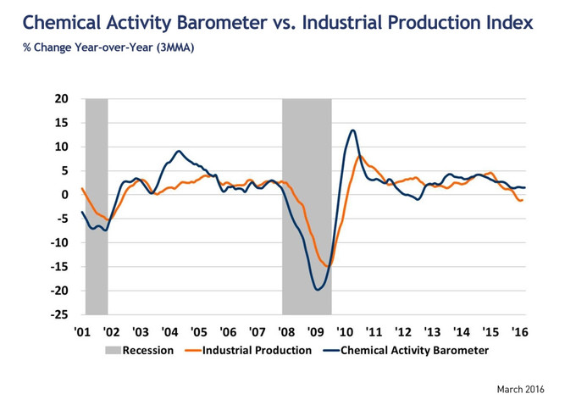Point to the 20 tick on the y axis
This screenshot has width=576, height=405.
pos(62,99)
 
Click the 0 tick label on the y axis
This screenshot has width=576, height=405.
pos(65,195)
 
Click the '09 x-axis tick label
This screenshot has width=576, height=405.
pos(316,332)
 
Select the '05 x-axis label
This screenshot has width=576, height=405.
pos(198,332)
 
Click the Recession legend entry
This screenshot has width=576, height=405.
pos(148,350)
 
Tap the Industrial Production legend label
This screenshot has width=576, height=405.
pos(258,350)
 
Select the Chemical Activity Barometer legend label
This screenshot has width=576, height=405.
pos(414,350)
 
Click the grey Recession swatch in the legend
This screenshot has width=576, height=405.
pos(113,350)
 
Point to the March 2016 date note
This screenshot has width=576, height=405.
pos(521,389)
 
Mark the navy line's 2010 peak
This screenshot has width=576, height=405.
pos(352,130)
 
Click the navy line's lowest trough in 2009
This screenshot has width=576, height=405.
pos(318,290)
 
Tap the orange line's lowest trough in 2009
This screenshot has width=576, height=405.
pos(328,266)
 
